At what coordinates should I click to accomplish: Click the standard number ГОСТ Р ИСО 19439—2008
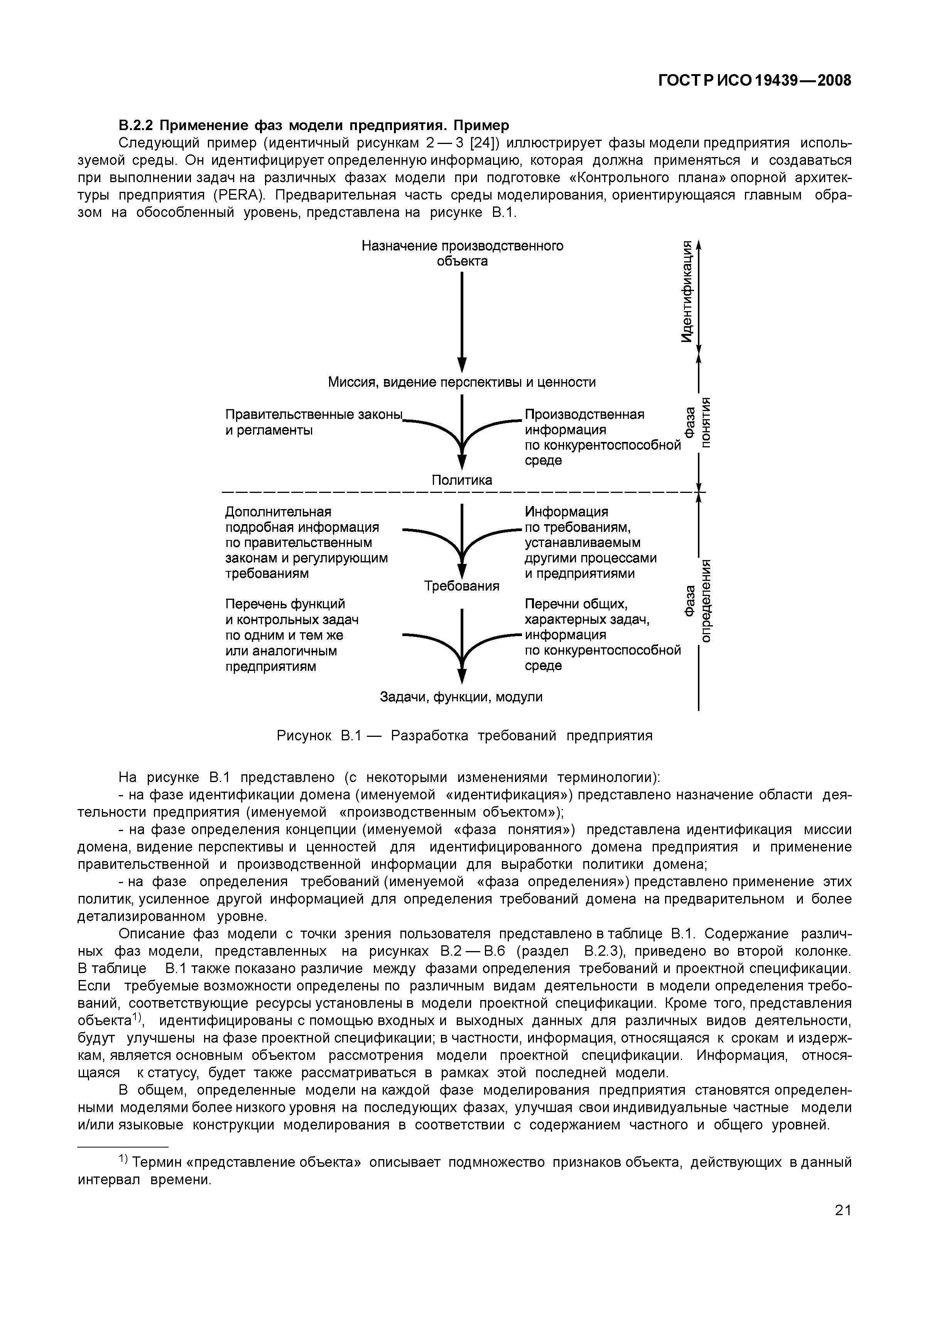[x=754, y=81]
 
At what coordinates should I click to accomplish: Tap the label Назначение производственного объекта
[x=462, y=253]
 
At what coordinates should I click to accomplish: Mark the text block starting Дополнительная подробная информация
[x=306, y=542]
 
